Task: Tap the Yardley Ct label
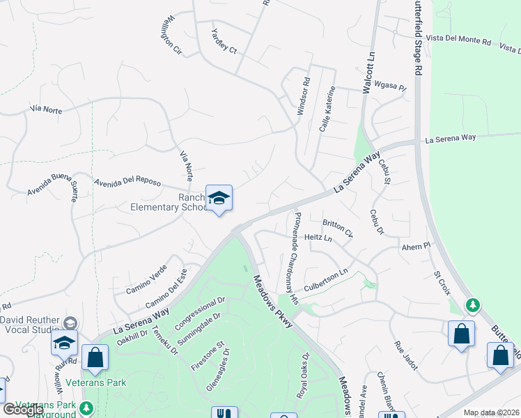[224, 44]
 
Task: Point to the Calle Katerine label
[326, 112]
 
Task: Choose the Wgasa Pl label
[390, 86]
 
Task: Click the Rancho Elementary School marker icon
[219, 199]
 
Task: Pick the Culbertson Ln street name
[324, 281]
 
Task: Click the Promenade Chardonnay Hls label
[294, 258]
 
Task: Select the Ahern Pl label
[417, 247]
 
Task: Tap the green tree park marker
[473, 304]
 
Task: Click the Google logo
[24, 410]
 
